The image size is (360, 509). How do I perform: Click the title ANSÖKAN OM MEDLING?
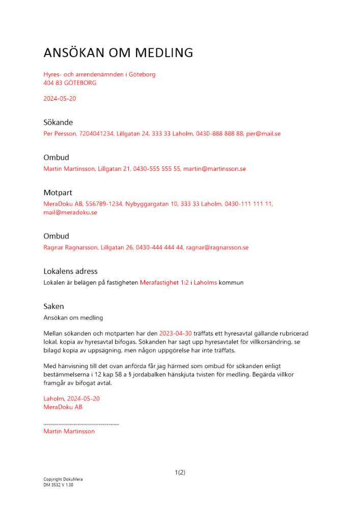coord(118,52)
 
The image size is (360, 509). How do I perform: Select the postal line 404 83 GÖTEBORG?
coord(70,82)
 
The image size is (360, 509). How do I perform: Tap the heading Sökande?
coord(58,122)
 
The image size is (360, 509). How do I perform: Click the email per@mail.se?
coord(263,134)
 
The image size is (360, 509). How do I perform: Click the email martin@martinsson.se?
coord(214,168)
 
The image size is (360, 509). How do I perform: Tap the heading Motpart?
coord(58,192)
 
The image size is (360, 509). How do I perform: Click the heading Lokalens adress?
coord(70,271)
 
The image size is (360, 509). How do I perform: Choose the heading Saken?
coord(54,306)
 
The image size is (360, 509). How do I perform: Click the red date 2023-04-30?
coord(175,333)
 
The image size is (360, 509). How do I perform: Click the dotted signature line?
coord(81,423)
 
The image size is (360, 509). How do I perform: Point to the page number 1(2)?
coord(180,472)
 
